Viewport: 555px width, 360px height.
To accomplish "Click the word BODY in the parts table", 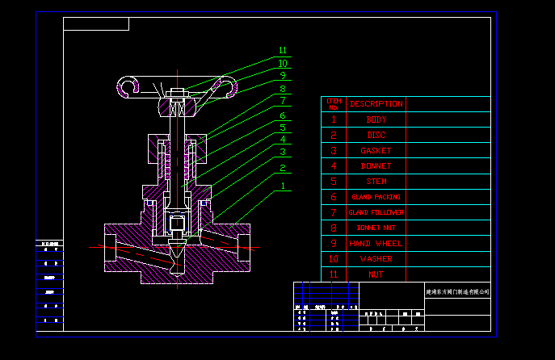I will [x=376, y=119].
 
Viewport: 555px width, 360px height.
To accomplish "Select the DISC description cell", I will [x=376, y=135].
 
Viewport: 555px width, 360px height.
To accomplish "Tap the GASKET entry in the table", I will [x=376, y=150].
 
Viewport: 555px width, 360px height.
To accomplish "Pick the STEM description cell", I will [x=376, y=182].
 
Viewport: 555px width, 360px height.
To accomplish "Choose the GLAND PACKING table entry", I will [x=376, y=197].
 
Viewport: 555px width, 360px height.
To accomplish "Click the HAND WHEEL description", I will [x=376, y=243].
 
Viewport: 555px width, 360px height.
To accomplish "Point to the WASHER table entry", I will [x=376, y=259].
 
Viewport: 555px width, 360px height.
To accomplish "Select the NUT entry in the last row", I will [x=376, y=274].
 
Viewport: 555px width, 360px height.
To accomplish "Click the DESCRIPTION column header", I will [x=376, y=103].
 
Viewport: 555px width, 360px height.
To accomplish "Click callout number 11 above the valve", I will [x=283, y=51].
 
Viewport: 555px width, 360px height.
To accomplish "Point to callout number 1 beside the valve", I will [x=283, y=186].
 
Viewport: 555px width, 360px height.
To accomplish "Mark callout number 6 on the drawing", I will [x=283, y=115].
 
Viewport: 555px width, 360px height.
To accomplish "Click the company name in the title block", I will [x=457, y=291].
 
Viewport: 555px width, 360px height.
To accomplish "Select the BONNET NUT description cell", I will [x=376, y=228].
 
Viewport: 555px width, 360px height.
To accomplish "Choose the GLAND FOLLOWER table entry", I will [x=376, y=212].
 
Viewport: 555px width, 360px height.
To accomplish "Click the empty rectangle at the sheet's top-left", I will [x=96, y=23].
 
